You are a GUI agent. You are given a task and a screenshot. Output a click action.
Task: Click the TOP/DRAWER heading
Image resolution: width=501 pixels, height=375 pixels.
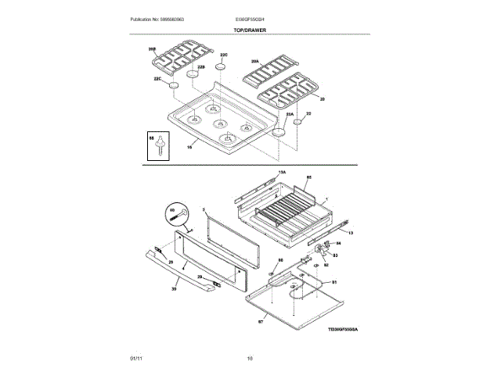(250, 29)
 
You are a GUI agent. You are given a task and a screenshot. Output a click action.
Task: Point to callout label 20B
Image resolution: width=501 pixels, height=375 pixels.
(152, 48)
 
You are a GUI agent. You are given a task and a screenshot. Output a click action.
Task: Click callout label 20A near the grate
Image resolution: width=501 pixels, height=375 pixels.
(254, 61)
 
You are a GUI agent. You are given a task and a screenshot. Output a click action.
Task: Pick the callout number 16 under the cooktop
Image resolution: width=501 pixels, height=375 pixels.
(189, 146)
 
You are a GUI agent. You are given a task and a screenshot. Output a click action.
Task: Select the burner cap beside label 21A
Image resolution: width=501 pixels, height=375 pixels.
(279, 132)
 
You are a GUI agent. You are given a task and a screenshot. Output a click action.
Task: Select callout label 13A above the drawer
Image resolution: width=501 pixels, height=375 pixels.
(282, 171)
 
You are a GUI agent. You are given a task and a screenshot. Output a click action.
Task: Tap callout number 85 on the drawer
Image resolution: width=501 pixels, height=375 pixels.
(308, 178)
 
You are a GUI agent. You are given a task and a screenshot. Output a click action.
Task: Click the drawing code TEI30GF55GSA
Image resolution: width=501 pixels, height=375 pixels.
(348, 330)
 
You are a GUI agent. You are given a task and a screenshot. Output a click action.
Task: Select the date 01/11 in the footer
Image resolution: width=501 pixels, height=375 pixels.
(135, 359)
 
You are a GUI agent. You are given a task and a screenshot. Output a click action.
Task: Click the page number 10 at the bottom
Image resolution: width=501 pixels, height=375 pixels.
(250, 359)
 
